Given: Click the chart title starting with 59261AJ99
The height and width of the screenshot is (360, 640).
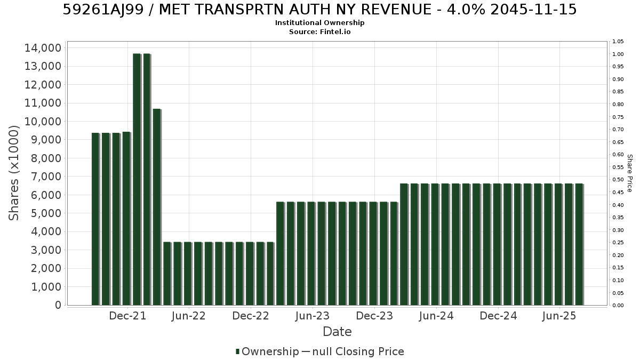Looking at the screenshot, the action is click(319, 10).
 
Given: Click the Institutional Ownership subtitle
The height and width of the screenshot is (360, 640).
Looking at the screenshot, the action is click(319, 23).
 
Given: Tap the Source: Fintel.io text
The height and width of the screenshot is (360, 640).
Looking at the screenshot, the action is click(319, 31).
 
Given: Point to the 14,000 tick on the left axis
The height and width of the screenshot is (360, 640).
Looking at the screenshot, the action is click(43, 48).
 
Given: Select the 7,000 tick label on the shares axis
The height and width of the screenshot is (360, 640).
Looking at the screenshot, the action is click(46, 177).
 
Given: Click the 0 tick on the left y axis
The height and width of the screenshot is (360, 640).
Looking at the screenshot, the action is click(58, 305).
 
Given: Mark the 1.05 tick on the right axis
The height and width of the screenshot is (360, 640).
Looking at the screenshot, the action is click(618, 42).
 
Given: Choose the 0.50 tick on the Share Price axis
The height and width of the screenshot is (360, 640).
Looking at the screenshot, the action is click(618, 180).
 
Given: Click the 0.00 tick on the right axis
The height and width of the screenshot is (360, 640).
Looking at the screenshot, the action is click(618, 306).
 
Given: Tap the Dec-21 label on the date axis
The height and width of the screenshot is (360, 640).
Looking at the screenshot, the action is click(127, 316).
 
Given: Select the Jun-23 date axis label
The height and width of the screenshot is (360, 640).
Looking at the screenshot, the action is click(313, 316).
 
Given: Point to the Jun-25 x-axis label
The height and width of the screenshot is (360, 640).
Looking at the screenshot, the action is click(559, 316).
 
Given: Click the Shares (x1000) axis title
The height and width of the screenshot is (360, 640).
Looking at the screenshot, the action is click(13, 173).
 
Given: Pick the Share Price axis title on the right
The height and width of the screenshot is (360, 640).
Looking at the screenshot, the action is click(630, 173).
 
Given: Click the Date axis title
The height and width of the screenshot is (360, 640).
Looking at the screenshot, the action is click(337, 332).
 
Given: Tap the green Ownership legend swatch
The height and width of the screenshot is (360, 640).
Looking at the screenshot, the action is click(237, 351).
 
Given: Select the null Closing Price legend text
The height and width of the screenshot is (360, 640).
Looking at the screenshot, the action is click(358, 351).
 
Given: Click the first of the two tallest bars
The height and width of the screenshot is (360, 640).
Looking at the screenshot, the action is click(137, 179).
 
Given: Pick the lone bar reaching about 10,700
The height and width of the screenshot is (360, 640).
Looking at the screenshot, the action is click(157, 207).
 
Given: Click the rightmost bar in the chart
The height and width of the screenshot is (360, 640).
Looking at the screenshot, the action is click(579, 245).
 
